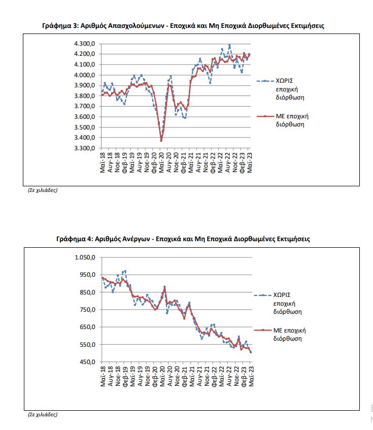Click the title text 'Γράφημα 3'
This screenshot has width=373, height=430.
58,25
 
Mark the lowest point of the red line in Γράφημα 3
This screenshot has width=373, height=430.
161,141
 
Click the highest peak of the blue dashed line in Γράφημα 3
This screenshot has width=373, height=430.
229,45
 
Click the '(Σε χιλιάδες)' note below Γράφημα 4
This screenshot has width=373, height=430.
43,414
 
